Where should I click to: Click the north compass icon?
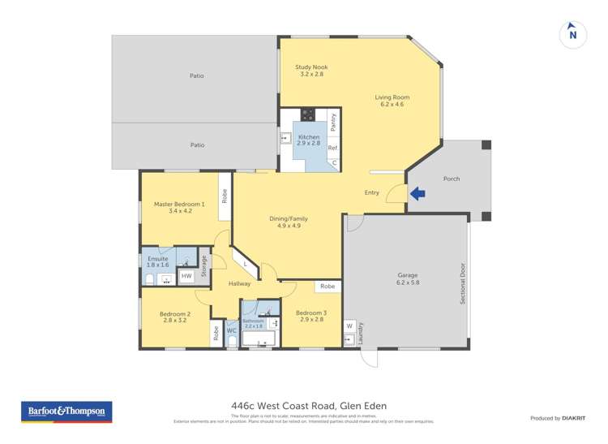573,34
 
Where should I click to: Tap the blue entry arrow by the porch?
417,193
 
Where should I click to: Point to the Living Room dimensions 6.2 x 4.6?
389,105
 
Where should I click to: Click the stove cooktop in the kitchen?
308,114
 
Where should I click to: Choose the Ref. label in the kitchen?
332,148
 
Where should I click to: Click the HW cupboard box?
186,276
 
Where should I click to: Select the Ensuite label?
159,259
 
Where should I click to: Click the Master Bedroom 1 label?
179,204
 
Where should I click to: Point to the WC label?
231,331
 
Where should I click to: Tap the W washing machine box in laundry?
349,326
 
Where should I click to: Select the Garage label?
407,275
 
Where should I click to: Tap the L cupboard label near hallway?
246,264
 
